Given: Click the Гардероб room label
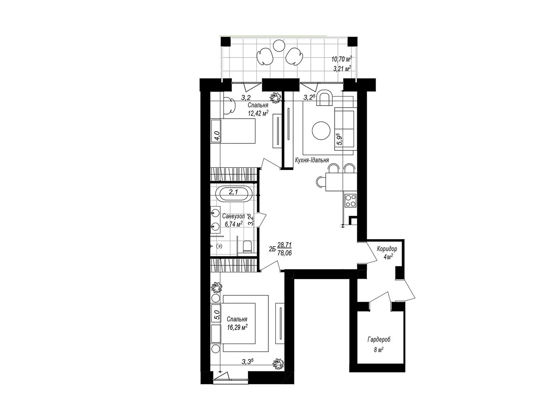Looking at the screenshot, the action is (379, 339).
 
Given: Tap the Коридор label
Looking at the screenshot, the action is (387, 249).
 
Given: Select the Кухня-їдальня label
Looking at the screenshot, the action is (312, 160).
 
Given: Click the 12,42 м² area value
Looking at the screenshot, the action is (258, 113).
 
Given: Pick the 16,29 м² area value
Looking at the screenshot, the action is (237, 328).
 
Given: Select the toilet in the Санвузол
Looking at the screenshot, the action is (247, 246).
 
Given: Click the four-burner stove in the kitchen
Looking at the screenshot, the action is (350, 200).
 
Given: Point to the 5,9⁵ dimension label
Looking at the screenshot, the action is (340, 139).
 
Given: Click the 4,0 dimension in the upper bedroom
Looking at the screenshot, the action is (47, 136).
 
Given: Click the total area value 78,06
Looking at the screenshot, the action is (284, 253).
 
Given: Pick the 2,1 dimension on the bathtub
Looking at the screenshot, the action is (234, 192).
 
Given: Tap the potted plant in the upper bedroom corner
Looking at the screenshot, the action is (275, 97).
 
